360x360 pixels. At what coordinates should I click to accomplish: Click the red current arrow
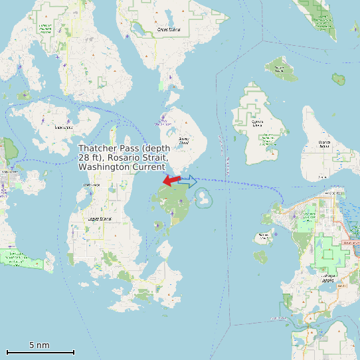click(x=171, y=180)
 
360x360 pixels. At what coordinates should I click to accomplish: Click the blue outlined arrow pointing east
click(x=188, y=181)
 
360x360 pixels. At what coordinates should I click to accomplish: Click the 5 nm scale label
click(x=39, y=345)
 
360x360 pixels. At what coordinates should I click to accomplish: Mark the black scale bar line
click(x=40, y=352)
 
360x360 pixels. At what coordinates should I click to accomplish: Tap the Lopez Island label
click(x=100, y=218)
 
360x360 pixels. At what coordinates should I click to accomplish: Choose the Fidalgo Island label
click(x=328, y=277)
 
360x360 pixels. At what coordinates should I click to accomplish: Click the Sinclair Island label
click(x=281, y=67)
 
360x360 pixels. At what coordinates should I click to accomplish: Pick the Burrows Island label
click(x=265, y=234)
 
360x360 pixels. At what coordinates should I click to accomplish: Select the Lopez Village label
click(x=90, y=185)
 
